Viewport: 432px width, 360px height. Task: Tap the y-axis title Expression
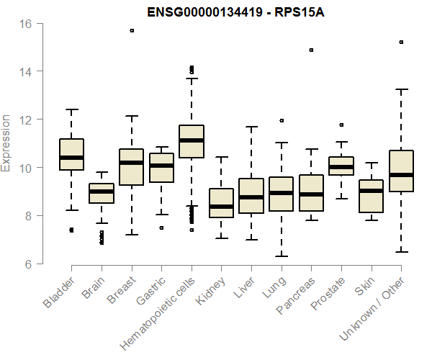point(6,143)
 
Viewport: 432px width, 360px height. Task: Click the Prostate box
point(341,166)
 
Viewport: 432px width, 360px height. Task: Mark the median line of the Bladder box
point(71,157)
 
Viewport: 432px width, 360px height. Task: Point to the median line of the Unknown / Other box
point(401,175)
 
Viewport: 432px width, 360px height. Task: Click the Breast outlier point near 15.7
point(132,30)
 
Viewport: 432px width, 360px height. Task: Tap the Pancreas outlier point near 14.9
point(311,50)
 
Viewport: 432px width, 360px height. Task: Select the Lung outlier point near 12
point(282,120)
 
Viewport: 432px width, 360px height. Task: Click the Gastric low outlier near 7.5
point(161,228)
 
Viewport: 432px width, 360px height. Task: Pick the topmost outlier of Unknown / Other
point(401,42)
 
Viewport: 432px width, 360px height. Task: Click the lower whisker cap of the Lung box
point(282,256)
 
